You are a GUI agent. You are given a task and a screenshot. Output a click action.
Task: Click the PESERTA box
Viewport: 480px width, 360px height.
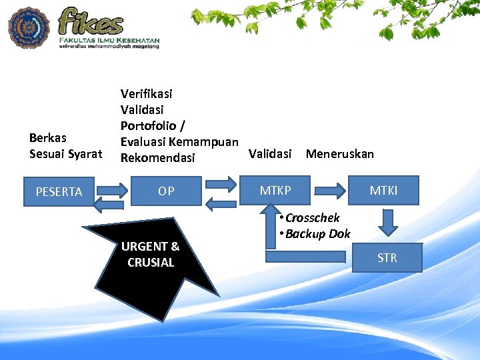pyautogui.click(x=59, y=192)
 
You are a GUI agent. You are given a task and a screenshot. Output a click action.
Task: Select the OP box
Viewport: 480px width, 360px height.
pyautogui.click(x=166, y=191)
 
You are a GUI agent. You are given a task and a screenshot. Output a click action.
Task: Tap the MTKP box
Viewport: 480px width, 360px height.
pyautogui.click(x=275, y=191)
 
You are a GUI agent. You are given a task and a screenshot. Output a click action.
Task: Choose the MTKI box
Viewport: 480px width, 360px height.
pyautogui.click(x=384, y=191)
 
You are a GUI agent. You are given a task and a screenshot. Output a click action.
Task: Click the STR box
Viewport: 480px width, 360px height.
pyautogui.click(x=387, y=258)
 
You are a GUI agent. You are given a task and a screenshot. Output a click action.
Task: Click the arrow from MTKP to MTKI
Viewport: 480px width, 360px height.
pyautogui.click(x=331, y=189)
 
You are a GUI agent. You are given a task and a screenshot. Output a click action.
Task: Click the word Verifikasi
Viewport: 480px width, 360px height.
pyautogui.click(x=146, y=93)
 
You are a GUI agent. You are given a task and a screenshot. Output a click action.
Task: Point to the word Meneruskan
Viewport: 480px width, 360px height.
pyautogui.click(x=339, y=154)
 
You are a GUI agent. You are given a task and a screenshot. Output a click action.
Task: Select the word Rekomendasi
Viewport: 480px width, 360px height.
pyautogui.click(x=157, y=158)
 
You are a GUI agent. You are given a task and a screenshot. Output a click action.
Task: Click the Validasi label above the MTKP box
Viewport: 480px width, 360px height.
pyautogui.click(x=270, y=154)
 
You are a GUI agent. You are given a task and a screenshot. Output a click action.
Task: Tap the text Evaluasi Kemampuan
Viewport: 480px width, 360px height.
pyautogui.click(x=179, y=141)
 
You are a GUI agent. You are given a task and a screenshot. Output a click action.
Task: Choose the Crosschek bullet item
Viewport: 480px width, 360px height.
pyautogui.click(x=312, y=218)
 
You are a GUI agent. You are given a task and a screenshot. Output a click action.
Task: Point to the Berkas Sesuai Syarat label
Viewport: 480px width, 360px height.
pyautogui.click(x=65, y=146)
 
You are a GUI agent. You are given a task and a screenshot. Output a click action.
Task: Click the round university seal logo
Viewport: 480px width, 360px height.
pyautogui.click(x=29, y=27)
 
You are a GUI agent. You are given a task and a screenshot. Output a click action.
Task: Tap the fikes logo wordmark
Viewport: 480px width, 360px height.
pyautogui.click(x=91, y=21)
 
